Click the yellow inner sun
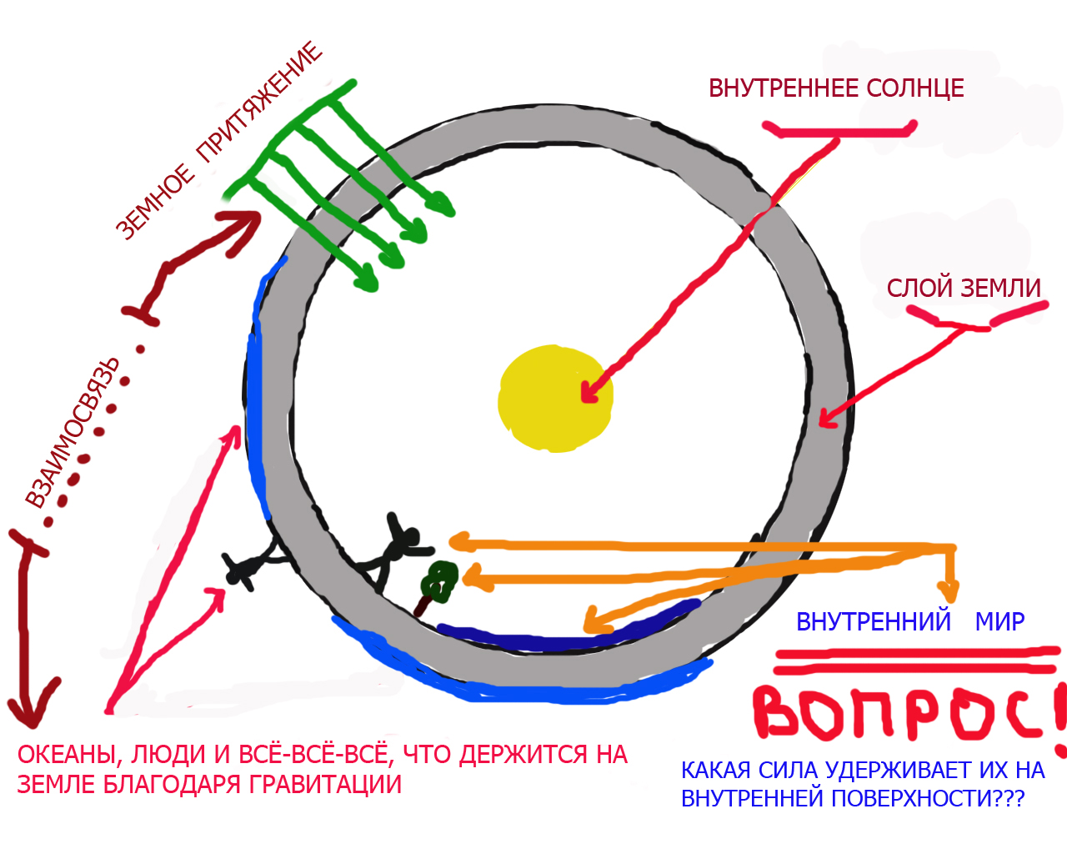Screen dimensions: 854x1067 point(554,399)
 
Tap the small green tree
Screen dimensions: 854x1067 point(439,580)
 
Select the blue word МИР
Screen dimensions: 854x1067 point(999,621)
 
